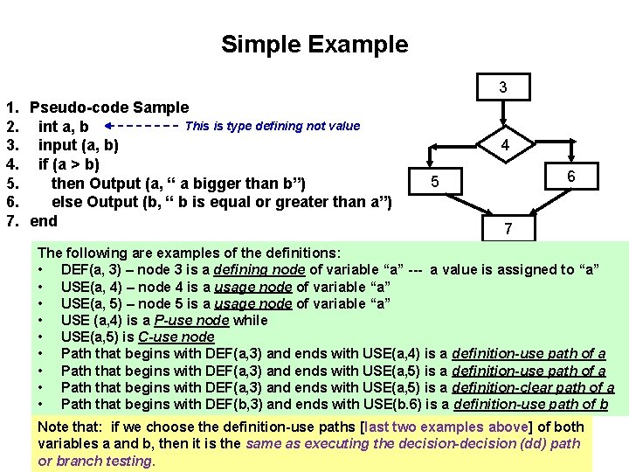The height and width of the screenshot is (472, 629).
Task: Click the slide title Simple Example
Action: click(314, 45)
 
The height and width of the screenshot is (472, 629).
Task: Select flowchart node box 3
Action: click(502, 87)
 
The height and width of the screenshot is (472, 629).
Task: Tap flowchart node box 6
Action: click(570, 177)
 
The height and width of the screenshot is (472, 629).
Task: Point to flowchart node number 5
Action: click(434, 182)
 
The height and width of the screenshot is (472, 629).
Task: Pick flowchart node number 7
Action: click(507, 230)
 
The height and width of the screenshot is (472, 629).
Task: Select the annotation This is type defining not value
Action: click(273, 126)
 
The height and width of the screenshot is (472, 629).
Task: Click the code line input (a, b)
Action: click(79, 145)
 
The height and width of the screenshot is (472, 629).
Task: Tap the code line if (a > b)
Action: click(69, 163)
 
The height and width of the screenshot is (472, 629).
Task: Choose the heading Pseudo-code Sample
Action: click(109, 108)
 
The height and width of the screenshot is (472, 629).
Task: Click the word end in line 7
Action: click(44, 220)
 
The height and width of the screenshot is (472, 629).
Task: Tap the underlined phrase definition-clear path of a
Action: click(533, 387)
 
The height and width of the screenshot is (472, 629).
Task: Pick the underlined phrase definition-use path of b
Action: click(531, 404)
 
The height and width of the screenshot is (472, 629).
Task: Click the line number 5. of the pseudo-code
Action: click(12, 184)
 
